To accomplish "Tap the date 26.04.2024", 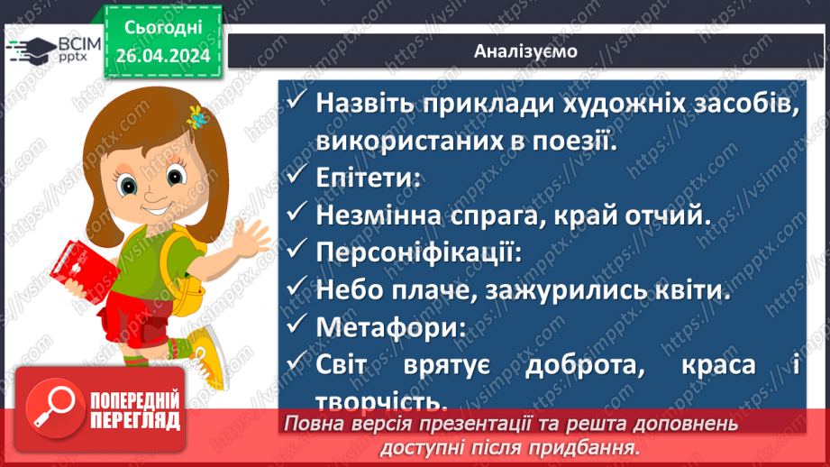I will tap(162, 55).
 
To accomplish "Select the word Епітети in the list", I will tap(367, 178).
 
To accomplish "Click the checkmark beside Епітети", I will tap(297, 177).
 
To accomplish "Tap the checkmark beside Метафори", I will tap(297, 328).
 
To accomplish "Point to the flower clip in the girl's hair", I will tap(196, 116).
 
